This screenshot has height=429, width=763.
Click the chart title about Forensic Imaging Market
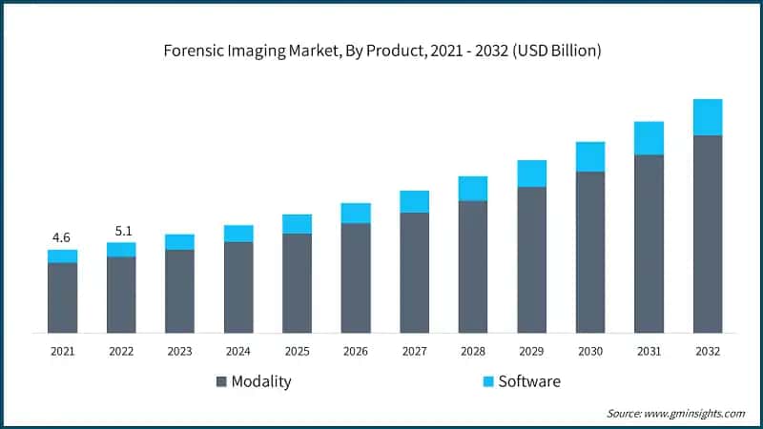click(381, 51)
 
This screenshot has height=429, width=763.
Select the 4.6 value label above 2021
click(62, 236)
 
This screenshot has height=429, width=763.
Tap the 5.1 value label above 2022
click(121, 230)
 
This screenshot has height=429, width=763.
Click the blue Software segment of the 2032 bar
click(708, 117)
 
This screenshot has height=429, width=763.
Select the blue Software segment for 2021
click(62, 256)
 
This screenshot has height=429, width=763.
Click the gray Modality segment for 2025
click(297, 283)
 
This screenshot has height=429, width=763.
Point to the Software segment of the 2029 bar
click(532, 174)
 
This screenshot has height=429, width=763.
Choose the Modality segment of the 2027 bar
click(414, 273)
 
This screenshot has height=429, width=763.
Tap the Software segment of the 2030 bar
click(590, 156)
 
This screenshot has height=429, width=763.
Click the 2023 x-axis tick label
click(179, 351)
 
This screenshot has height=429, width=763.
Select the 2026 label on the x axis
click(356, 351)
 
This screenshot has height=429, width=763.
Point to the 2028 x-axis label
click(473, 351)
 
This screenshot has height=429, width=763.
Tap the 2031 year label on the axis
click(650, 351)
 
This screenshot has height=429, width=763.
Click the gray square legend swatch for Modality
click(222, 381)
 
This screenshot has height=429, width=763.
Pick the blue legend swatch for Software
click(487, 381)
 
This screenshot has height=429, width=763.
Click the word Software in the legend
click(530, 381)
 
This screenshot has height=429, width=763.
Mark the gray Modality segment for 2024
click(238, 287)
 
